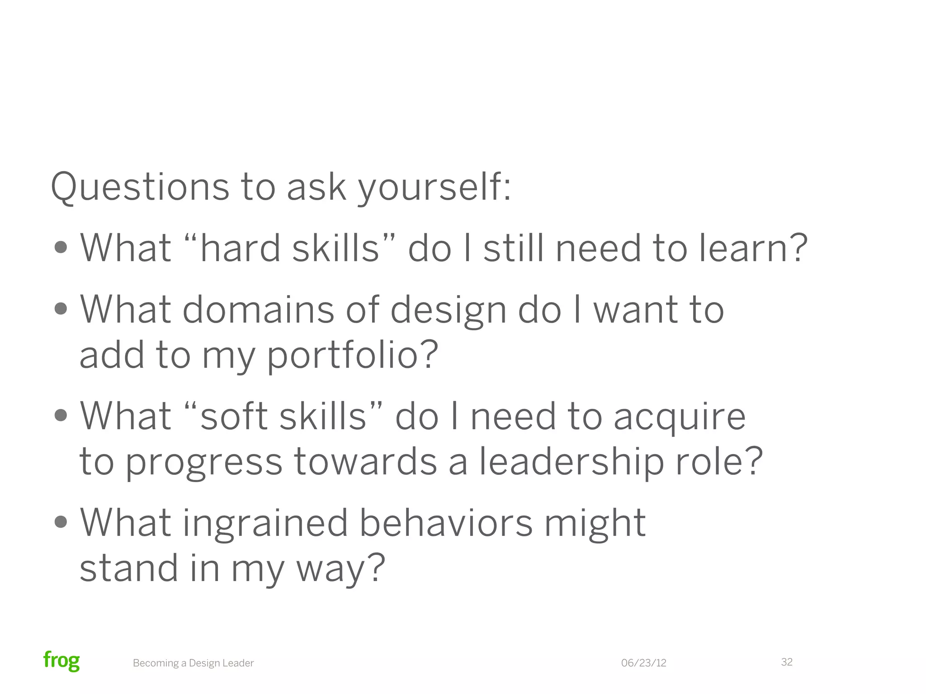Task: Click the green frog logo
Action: [61, 661]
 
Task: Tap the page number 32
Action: [787, 662]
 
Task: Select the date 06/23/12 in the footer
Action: [643, 663]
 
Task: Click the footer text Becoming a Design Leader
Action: [193, 663]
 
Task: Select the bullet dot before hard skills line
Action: [61, 248]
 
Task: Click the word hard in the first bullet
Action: [240, 248]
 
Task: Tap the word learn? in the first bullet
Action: [753, 248]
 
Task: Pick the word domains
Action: [258, 310]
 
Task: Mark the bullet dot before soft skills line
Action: [61, 416]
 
